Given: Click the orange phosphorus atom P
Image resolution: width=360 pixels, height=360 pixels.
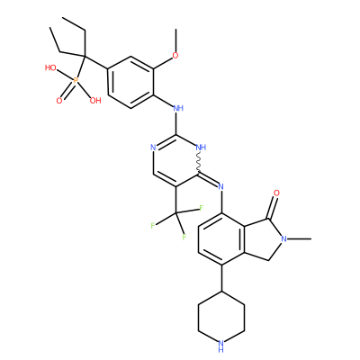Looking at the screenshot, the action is tap(76, 80).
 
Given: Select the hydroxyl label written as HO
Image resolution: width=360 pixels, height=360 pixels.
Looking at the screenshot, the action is tap(50, 67).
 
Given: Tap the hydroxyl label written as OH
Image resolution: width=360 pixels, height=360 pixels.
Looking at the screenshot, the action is tap(95, 101).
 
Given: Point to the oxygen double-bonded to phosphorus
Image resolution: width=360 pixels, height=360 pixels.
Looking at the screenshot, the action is tap(59, 101).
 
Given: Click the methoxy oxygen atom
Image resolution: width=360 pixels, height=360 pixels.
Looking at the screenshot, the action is tap(175, 56).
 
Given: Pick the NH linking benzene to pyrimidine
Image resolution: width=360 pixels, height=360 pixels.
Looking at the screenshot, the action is tap(178, 108).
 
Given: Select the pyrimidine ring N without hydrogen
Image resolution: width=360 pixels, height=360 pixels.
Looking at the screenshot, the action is tap(153, 148).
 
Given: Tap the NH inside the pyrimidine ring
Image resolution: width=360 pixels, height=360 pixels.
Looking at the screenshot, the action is tap(201, 148).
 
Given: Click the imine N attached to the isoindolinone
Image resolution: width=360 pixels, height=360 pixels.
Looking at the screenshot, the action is tap(221, 186).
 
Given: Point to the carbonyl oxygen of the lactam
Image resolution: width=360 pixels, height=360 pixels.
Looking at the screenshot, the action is tap(276, 193).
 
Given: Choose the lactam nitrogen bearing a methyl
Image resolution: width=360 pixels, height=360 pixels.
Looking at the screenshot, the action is tap(283, 238).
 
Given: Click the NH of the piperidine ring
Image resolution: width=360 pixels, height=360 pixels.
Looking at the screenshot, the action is tap(221, 345).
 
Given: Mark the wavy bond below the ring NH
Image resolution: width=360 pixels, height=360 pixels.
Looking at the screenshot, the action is tap(199, 163).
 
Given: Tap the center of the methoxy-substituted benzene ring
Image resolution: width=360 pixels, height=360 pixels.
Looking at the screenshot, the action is tap(131, 82).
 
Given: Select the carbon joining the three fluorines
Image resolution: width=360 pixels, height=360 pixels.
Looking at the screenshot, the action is tap(175, 213).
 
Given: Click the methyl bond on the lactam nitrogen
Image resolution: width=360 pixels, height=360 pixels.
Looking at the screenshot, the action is tap(299, 238).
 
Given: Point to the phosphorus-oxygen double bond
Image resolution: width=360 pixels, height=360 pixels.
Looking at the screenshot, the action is tap(68, 90).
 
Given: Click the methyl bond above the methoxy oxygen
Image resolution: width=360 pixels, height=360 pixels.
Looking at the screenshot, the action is tap(175, 40).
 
